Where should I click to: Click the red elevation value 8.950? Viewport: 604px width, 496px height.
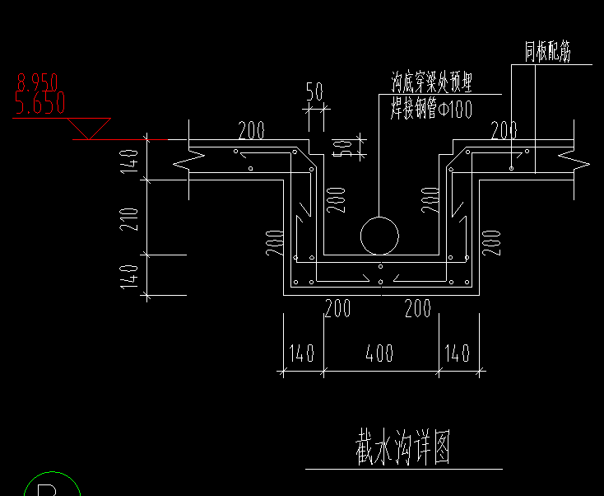tap(38, 82)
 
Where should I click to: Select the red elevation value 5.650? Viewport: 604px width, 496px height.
tap(39, 103)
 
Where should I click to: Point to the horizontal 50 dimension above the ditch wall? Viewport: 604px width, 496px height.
tap(314, 91)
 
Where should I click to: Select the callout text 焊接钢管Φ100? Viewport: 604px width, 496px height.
tap(431, 109)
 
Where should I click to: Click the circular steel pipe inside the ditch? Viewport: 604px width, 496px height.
tap(379, 236)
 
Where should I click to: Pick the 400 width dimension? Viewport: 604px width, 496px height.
tap(379, 353)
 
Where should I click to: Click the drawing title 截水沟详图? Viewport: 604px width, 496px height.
tap(403, 448)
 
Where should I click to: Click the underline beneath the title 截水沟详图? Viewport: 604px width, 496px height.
tap(403, 470)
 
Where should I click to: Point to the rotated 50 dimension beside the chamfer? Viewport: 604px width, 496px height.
tap(339, 148)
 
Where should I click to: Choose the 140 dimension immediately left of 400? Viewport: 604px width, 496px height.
tap(302, 353)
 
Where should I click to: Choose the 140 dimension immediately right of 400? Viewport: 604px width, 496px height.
tap(457, 353)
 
